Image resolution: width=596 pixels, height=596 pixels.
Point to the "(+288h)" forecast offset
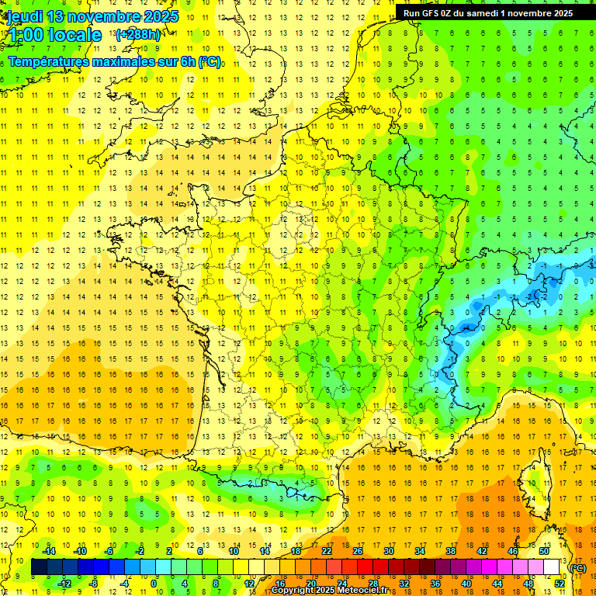tap(137, 35)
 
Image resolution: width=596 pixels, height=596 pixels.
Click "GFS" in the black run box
tap(431, 13)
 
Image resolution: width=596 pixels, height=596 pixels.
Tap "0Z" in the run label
tap(449, 13)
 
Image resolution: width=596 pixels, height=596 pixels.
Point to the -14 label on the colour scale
tap(50, 551)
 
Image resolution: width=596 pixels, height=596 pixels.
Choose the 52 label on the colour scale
tap(559, 584)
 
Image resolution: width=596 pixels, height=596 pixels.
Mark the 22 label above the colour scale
tap(327, 551)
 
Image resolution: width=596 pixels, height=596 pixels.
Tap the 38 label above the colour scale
tap(450, 551)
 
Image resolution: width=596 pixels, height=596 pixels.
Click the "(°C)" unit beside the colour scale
tap(577, 568)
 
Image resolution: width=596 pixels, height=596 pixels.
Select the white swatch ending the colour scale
tap(552, 567)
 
